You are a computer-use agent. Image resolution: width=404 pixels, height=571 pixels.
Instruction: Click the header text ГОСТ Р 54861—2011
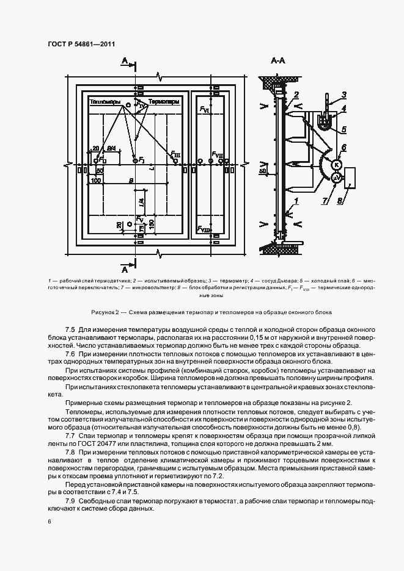[81, 44]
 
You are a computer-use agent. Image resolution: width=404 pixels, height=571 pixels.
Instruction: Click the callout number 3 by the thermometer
[343, 94]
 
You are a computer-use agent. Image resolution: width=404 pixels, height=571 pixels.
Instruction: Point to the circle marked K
[336, 164]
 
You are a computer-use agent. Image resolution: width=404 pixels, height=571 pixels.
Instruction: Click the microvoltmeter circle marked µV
[335, 177]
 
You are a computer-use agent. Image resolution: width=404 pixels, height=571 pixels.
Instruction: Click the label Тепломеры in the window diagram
[105, 101]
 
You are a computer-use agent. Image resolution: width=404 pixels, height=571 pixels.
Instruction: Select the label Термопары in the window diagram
[164, 101]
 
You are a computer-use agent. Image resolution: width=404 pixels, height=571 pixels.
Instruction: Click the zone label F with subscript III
[175, 155]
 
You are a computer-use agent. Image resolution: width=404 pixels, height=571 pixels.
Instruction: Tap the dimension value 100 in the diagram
[95, 181]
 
